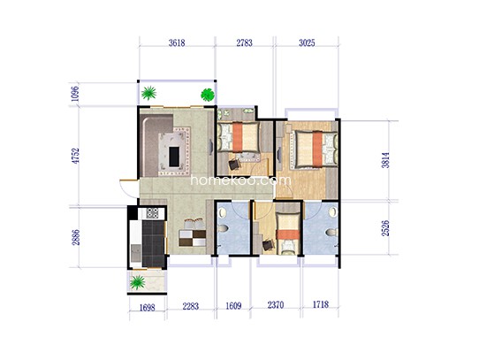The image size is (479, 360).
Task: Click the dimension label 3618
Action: tap(177, 42)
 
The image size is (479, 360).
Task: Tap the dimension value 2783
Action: tap(245, 42)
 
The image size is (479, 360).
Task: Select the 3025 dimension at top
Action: tap(307, 42)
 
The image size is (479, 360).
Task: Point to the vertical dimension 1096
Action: tap(76, 94)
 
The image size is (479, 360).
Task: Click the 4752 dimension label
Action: tap(76, 156)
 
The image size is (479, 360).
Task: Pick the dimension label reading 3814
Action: tap(385, 160)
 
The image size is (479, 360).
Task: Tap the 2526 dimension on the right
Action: tap(385, 228)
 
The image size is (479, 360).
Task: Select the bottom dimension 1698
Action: tap(148, 307)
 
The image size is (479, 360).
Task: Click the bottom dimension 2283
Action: tap(191, 306)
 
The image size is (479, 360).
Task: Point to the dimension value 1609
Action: tap(233, 306)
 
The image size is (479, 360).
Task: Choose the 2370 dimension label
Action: tap(276, 305)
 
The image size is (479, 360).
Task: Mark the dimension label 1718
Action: tap(321, 304)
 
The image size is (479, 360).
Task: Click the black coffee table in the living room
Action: tap(174, 157)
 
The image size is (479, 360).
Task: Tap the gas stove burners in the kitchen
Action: tap(152, 213)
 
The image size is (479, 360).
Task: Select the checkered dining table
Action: tap(192, 238)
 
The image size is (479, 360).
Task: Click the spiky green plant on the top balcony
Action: tap(148, 93)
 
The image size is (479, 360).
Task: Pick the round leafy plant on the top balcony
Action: tap(208, 95)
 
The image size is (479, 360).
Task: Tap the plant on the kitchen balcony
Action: tap(137, 282)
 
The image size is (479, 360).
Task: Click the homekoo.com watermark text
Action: tap(241, 180)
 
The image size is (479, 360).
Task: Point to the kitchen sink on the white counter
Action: tap(136, 253)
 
